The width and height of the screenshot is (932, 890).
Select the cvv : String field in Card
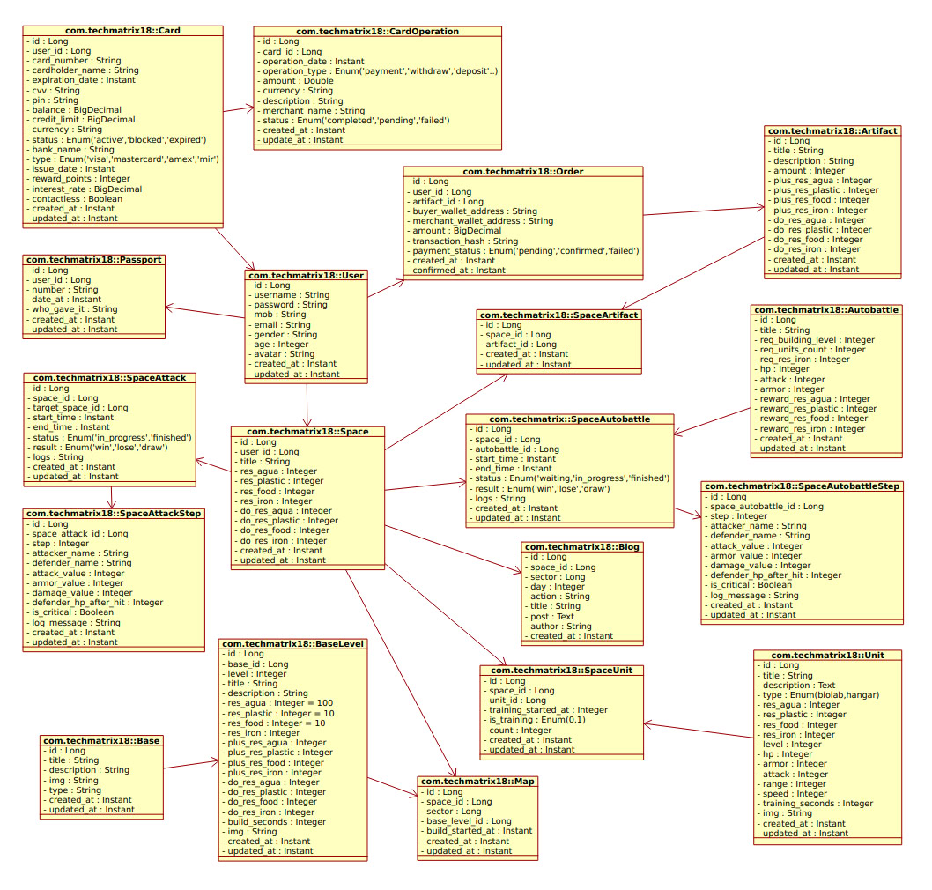click(55, 91)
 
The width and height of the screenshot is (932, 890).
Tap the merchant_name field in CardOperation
click(313, 110)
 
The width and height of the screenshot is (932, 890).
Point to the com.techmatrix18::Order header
click(523, 171)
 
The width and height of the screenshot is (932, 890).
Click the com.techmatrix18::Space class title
click(307, 432)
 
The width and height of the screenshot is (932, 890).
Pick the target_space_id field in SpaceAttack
click(80, 408)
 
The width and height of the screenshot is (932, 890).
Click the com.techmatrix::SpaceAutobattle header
click(569, 419)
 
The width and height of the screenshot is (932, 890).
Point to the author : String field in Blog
click(560, 626)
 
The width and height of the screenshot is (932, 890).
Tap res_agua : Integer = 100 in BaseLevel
click(280, 703)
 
